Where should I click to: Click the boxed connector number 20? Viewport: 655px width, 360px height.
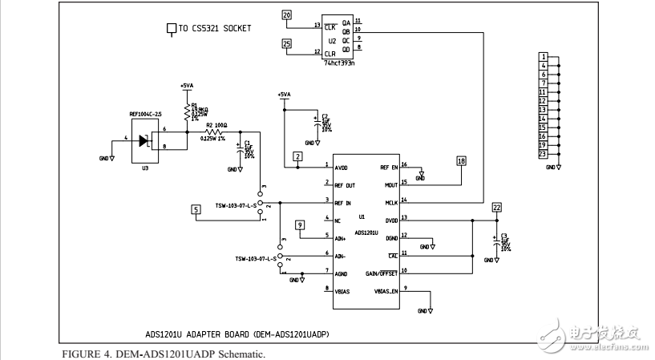[x=287, y=14]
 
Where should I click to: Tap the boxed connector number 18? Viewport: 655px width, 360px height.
[x=460, y=161]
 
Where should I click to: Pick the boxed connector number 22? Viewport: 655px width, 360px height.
[x=497, y=207]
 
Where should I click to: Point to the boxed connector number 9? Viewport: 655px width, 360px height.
[x=301, y=225]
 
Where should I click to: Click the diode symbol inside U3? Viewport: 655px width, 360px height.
[x=144, y=140]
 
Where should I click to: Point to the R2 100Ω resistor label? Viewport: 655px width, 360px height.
[x=216, y=126]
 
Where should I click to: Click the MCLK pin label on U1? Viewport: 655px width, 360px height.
[x=390, y=201]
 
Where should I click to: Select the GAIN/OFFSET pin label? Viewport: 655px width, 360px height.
[x=382, y=273]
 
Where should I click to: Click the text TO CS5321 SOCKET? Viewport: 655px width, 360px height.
[x=215, y=29]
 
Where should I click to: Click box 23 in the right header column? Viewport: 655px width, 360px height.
[x=543, y=153]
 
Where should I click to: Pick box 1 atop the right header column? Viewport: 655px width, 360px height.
[x=543, y=56]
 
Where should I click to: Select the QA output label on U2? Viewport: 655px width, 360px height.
[x=346, y=22]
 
